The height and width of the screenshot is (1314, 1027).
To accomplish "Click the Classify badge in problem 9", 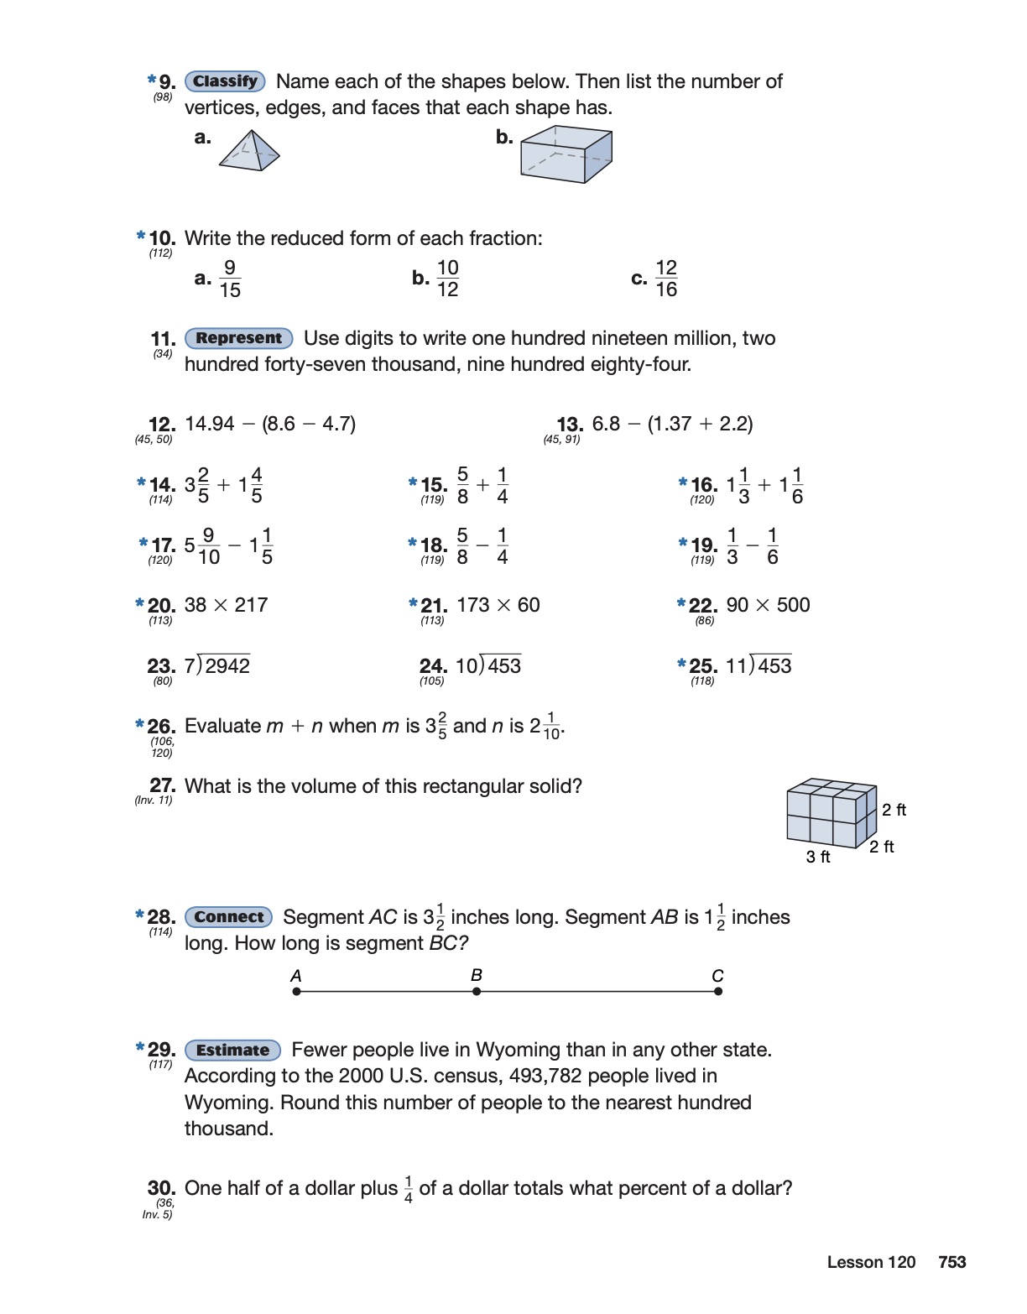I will pos(225,81).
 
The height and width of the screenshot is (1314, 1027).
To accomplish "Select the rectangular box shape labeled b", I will pos(566,154).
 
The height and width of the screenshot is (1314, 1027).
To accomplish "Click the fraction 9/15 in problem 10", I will pos(230,279).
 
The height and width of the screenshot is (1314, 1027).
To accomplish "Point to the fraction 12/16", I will pos(666,279).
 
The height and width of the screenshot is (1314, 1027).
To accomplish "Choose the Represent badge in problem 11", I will pos(238,338).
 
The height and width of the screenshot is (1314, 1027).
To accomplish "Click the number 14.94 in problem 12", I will pos(210,424).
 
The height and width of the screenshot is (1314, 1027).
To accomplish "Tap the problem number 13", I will pos(570,425).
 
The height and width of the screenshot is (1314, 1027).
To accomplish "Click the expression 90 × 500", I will pos(768,605).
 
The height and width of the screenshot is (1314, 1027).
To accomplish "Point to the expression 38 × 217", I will pos(226,605).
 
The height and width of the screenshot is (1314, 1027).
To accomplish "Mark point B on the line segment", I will pos(477,991).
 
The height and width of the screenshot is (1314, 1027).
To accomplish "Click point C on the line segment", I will pos(718,991).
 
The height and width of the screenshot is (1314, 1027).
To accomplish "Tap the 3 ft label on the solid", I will pos(818,857).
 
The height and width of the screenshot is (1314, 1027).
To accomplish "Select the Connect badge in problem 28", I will pos(228,917).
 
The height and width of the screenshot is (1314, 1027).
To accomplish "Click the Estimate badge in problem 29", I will pos(232,1050).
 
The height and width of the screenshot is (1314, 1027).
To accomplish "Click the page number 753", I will pos(952,1262).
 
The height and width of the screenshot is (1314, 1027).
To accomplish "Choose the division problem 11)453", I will pos(759,665).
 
